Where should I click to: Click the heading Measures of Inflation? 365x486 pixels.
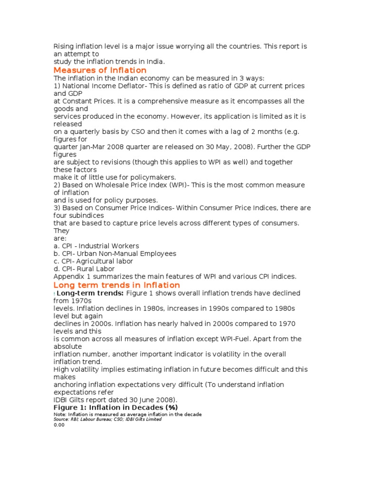[100, 70]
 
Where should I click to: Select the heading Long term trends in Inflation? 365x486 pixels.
[116, 285]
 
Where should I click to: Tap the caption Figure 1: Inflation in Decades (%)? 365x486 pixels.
[115, 407]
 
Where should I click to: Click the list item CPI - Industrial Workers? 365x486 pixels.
[96, 246]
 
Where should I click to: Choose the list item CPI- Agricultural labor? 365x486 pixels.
[93, 261]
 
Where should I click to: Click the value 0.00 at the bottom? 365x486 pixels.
[58, 425]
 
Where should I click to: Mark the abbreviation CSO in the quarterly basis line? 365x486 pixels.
[151, 131]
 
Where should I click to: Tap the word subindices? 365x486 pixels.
[72, 215]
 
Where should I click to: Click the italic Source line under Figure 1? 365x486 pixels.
[107, 419]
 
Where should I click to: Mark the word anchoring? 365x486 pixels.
[70, 384]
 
